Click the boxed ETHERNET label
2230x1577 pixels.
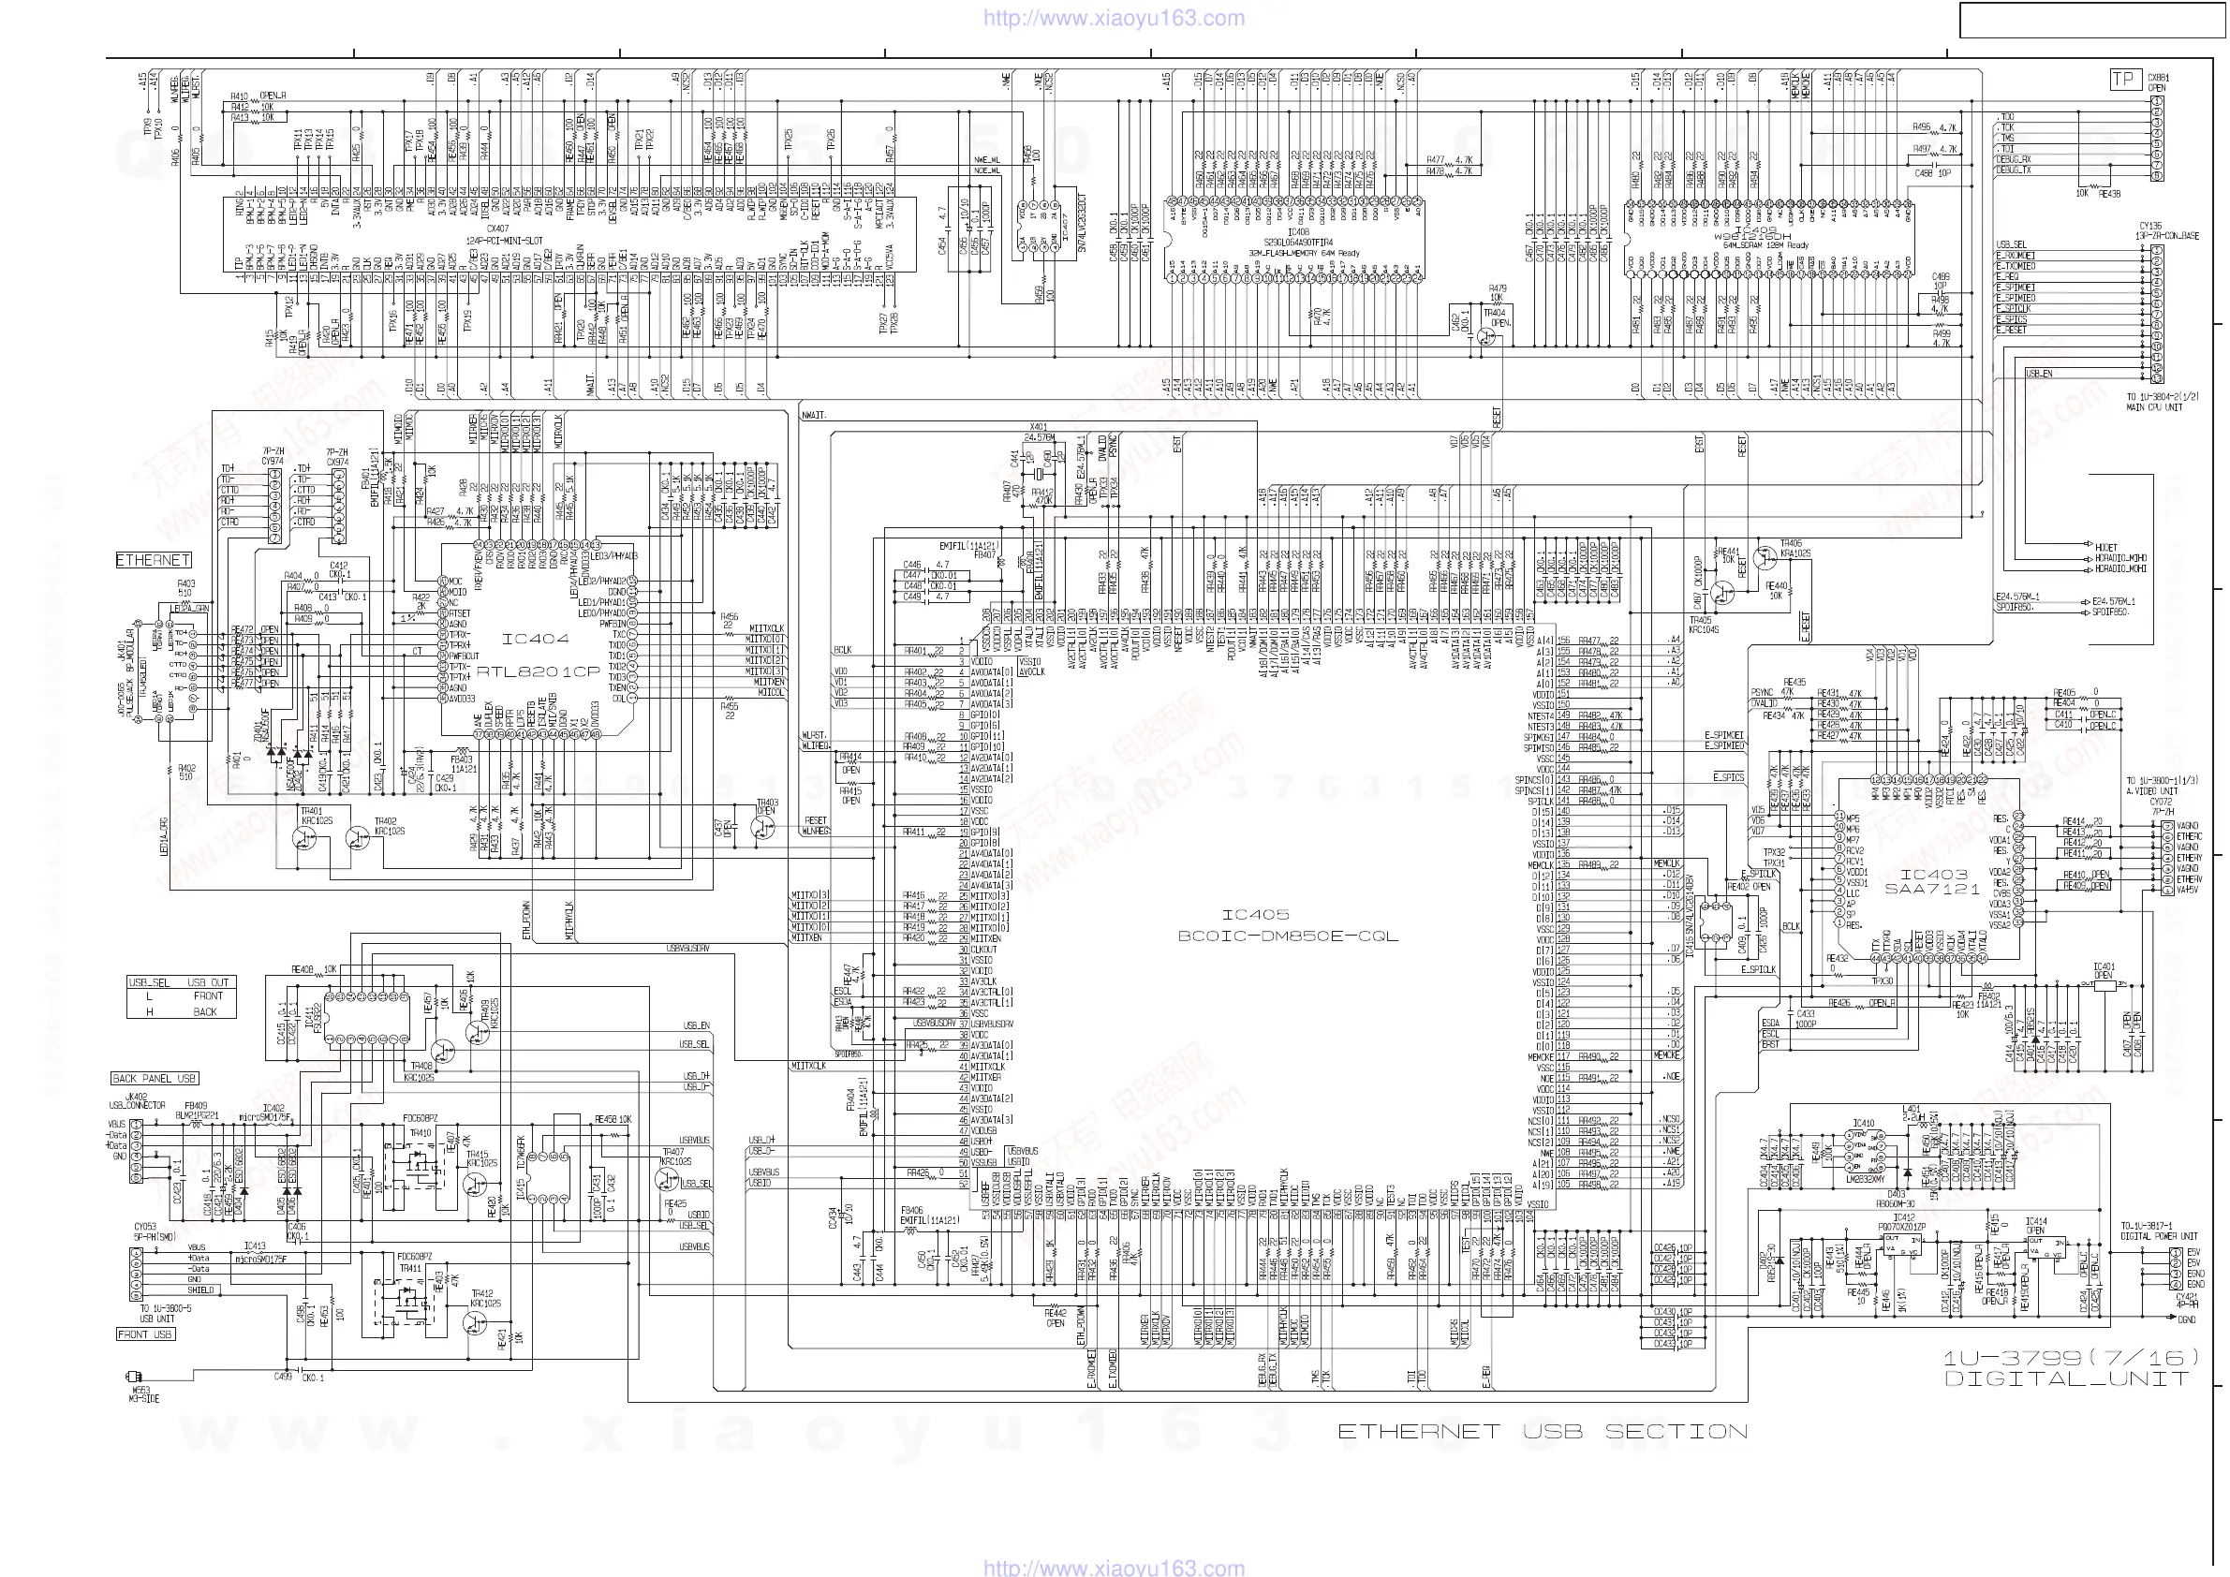pyautogui.click(x=154, y=560)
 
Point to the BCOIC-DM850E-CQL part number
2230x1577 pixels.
pyautogui.click(x=1288, y=936)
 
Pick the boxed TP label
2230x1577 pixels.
pyautogui.click(x=2124, y=80)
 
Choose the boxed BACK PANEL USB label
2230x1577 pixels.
pyautogui.click(x=155, y=1078)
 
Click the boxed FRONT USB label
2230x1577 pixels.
pyautogui.click(x=145, y=1334)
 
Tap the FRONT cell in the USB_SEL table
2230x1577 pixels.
pyautogui.click(x=207, y=995)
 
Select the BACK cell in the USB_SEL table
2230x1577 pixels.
pyautogui.click(x=205, y=1010)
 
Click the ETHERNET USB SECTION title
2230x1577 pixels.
pyautogui.click(x=1542, y=1431)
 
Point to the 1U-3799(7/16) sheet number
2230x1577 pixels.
pyautogui.click(x=2070, y=1358)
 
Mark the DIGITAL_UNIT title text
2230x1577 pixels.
pyautogui.click(x=2066, y=1378)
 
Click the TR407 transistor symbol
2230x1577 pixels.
pyautogui.click(x=666, y=1179)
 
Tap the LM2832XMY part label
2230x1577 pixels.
pyautogui.click(x=1862, y=1178)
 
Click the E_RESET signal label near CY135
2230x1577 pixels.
pyautogui.click(x=2012, y=331)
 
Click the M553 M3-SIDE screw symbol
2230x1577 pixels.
pyautogui.click(x=132, y=1376)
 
